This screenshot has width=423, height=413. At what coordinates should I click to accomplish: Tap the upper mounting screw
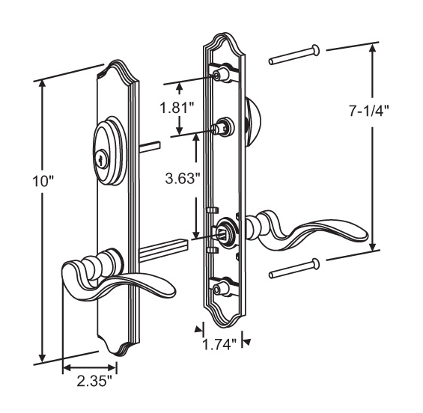[x=296, y=54]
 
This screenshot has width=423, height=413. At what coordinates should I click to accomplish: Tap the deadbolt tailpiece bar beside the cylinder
[x=149, y=144]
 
